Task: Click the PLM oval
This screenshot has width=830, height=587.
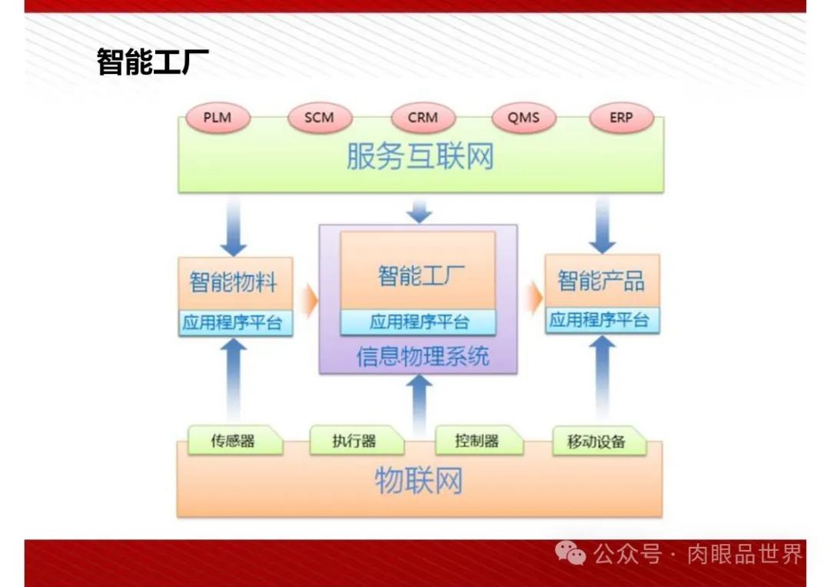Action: coord(217,118)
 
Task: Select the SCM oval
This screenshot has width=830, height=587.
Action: coord(320,118)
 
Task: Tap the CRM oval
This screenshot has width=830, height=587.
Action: coord(423,118)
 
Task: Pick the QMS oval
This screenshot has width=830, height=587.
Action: coord(523,118)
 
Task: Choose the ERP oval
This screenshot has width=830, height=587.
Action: coord(621,118)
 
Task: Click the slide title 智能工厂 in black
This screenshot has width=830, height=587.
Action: coord(153,62)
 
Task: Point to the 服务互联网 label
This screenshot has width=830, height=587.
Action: coord(420,157)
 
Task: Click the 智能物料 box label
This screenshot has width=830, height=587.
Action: coord(233,282)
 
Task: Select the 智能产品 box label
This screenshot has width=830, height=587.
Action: coord(601,281)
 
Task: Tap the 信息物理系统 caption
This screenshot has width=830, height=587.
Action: coord(422,357)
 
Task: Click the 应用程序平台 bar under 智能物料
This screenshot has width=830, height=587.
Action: coord(233,322)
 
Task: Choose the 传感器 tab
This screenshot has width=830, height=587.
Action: coord(233,442)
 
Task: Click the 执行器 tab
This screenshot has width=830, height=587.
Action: coord(354,442)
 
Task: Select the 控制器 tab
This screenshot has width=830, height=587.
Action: coord(477,441)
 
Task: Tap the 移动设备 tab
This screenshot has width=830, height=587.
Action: coord(597,442)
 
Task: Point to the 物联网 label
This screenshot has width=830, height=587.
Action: coord(419,482)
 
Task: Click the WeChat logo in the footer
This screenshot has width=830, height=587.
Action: coord(571,552)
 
